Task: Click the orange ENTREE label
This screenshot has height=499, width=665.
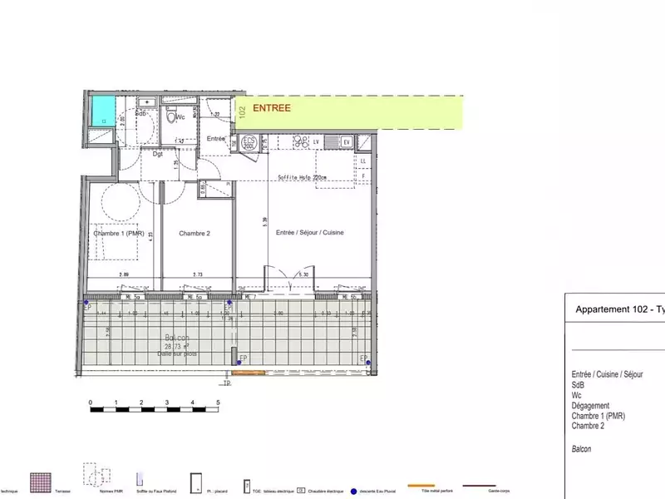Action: (x=272, y=108)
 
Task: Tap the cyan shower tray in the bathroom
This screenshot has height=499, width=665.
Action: (x=102, y=110)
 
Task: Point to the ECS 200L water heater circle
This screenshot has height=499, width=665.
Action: (x=249, y=143)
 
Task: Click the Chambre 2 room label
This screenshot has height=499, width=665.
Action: (x=195, y=234)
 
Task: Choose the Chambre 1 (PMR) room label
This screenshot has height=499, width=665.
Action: (x=121, y=234)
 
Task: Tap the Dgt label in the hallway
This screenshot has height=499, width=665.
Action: (x=158, y=154)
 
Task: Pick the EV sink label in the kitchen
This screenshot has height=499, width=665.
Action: (x=347, y=142)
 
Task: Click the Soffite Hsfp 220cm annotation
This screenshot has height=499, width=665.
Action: (x=301, y=177)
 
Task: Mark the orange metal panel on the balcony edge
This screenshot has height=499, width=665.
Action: (x=249, y=372)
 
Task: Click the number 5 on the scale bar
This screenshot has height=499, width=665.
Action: (x=218, y=403)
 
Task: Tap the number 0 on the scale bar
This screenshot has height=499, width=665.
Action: (x=90, y=403)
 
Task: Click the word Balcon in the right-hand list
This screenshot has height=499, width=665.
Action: (x=583, y=449)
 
